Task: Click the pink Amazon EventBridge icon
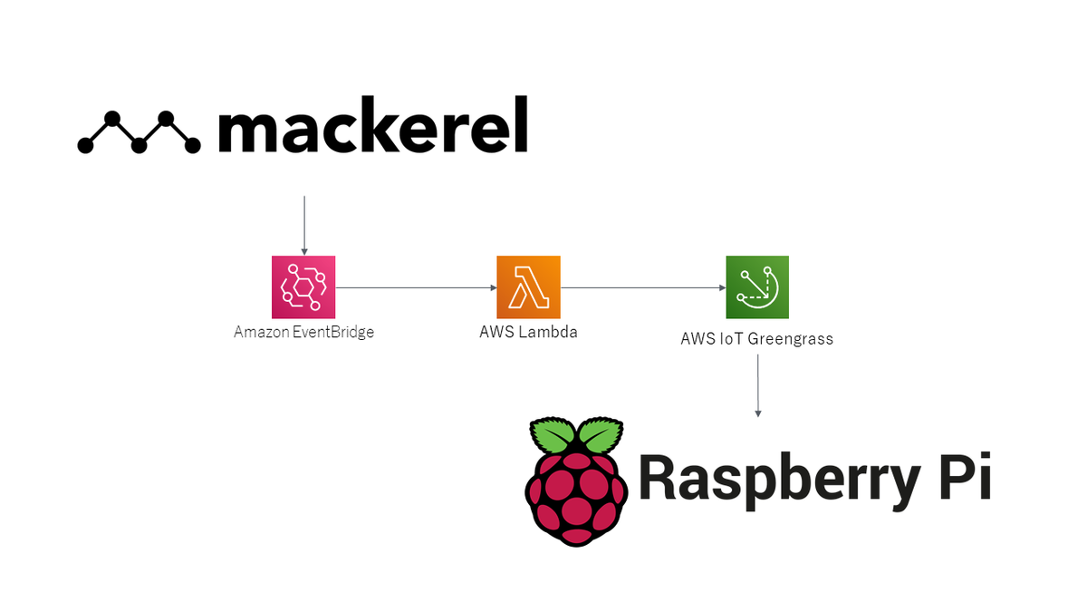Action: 303,287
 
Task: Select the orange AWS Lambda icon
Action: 528,287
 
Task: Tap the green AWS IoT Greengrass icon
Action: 757,287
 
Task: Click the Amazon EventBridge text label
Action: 303,332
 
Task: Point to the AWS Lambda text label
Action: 528,332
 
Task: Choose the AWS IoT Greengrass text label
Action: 756,339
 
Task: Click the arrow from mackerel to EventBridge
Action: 304,225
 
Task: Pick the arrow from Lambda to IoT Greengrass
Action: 643,287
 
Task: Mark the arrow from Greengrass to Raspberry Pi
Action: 757,385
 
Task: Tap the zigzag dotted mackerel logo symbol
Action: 139,132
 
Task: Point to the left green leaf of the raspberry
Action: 552,436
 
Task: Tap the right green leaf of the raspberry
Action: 600,436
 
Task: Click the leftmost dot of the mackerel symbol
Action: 86,144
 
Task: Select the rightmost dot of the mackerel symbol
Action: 192,144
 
